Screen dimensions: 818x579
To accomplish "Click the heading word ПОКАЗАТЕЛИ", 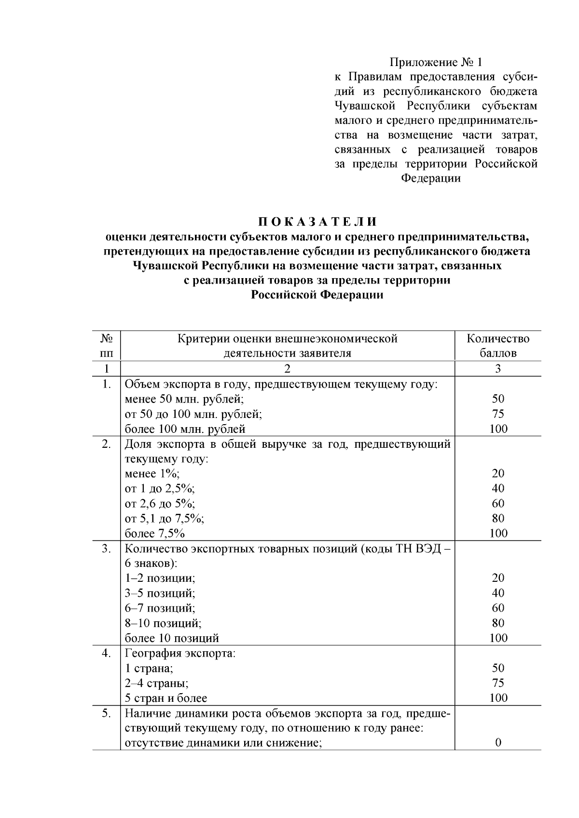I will pos(317,222).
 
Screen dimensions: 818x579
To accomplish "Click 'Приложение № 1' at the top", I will pos(436,62).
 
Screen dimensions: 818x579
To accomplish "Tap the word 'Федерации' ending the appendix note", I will pos(431,178).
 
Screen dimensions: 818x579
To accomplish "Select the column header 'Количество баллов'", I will pos(498,346).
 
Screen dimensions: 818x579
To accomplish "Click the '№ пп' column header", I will pos(107,346).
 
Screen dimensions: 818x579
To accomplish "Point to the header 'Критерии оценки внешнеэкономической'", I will pos(288,339).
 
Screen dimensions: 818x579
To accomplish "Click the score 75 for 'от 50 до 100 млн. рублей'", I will pos(498,414).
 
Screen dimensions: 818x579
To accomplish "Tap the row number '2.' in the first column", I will pos(107,444).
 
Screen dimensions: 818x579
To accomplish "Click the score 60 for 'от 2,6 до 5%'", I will pos(498,504).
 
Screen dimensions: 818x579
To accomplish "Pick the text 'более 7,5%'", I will pos(155,534).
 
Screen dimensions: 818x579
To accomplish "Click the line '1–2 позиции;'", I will pos(160,578).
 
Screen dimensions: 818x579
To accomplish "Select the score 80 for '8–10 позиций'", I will pos(498,623).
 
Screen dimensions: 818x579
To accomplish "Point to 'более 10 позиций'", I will pos(172,638).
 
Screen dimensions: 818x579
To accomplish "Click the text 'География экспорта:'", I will pos(180,654).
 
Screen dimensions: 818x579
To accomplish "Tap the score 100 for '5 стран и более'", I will pos(498,698).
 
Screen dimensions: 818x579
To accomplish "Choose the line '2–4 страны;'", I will pos(157,683).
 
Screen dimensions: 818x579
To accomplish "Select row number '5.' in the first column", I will pos(107,713).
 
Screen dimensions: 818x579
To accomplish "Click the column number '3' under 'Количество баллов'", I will pos(498,369).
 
